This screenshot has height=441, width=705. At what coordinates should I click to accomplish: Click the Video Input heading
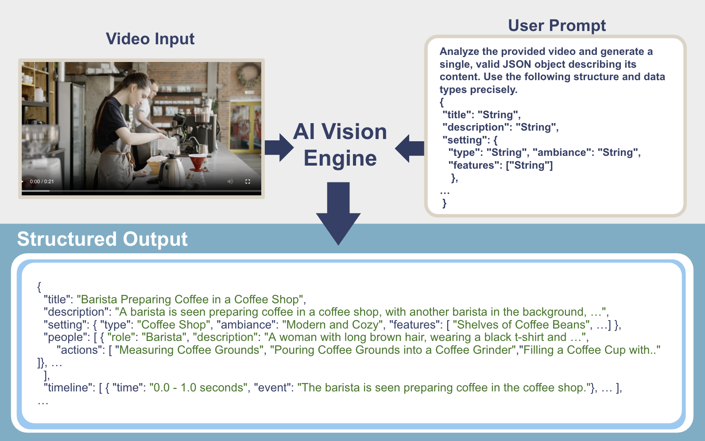(150, 39)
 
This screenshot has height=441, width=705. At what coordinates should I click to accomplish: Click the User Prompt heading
(557, 26)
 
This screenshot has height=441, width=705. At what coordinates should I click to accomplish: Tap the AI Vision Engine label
(340, 145)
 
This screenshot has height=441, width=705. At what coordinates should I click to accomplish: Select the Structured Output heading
(102, 239)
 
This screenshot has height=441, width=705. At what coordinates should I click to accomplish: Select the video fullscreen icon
(248, 182)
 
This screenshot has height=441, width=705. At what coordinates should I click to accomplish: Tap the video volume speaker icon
(230, 182)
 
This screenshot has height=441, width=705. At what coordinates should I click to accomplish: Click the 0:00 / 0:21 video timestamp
(42, 182)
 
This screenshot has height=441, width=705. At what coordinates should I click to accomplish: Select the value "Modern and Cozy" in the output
(333, 325)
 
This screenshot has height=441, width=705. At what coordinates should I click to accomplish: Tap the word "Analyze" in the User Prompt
(459, 51)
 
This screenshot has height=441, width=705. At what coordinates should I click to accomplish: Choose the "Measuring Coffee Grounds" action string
(189, 350)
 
